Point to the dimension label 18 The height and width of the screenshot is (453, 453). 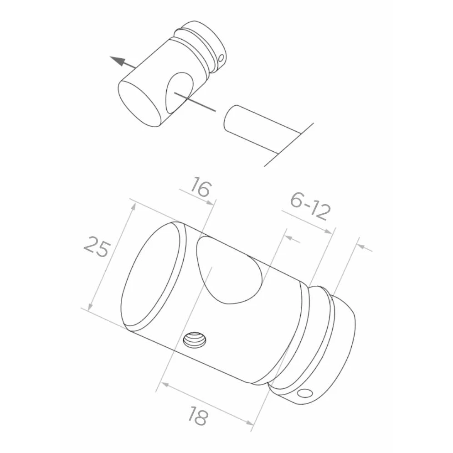tap(198, 416)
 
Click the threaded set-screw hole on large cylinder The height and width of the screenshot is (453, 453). tap(196, 340)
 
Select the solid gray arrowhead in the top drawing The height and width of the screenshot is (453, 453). tap(118, 61)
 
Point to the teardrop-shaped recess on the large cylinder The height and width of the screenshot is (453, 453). tap(229, 269)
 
